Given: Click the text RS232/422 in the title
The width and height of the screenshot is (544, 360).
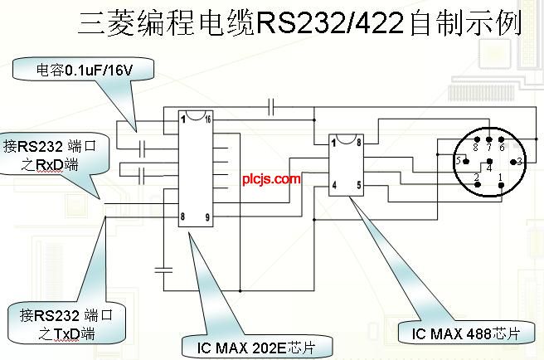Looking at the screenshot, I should (x=332, y=23).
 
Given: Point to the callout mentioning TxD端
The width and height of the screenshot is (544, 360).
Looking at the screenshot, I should (x=66, y=324).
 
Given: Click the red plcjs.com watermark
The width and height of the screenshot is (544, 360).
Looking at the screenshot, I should (x=271, y=178).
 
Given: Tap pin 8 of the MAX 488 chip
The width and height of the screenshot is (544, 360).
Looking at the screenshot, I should (x=358, y=143).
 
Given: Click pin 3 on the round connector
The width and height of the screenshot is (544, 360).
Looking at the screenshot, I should (x=518, y=160).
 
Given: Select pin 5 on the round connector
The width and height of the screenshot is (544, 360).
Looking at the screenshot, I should (x=457, y=159).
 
